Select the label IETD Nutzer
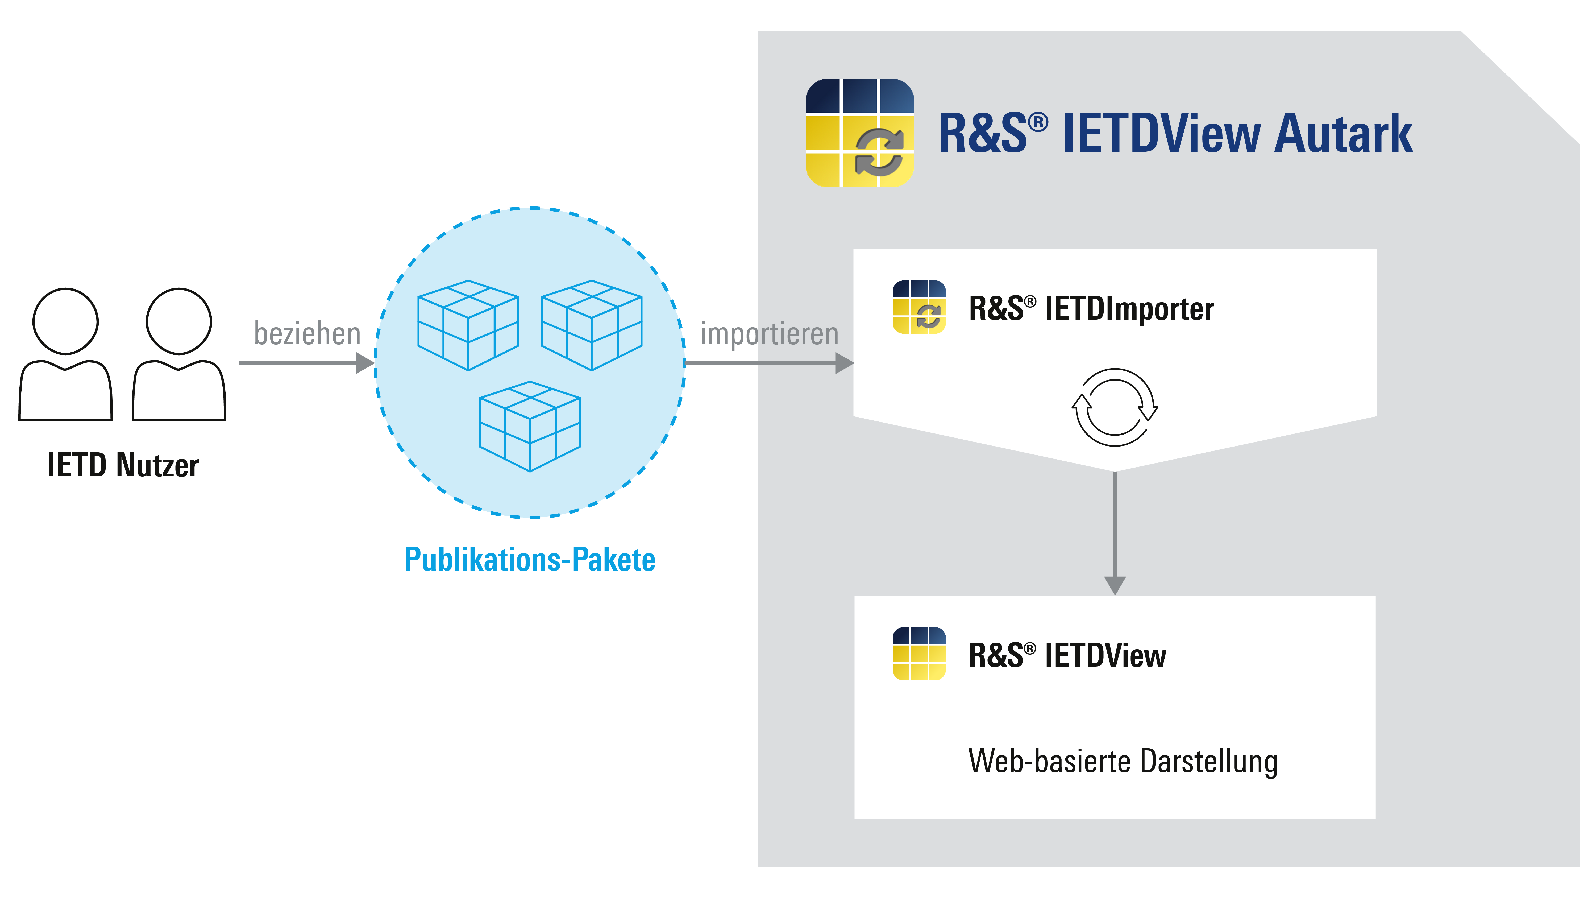pyautogui.click(x=123, y=466)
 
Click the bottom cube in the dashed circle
pyautogui.click(x=530, y=427)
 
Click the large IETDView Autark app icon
pyautogui.click(x=859, y=133)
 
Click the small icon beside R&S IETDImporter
pyautogui.click(x=919, y=308)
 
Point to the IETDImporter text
pyautogui.click(x=1129, y=309)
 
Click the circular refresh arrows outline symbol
pyautogui.click(x=1115, y=407)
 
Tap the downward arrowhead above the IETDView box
pyautogui.click(x=1115, y=585)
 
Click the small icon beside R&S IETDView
pyautogui.click(x=919, y=654)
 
